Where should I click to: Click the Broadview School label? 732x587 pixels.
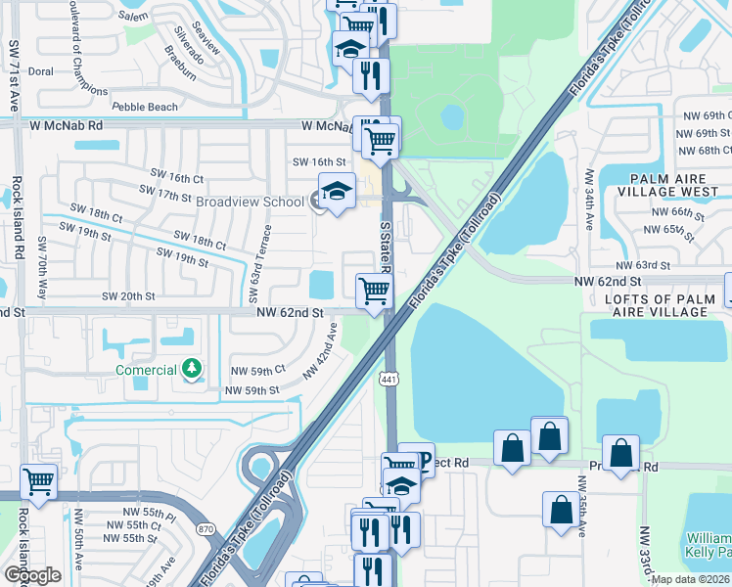click(250, 202)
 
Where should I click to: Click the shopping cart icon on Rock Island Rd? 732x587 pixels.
click(38, 481)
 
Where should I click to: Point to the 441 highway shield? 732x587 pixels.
click(390, 378)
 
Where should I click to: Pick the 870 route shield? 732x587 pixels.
click(205, 528)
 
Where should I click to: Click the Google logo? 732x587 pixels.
click(32, 575)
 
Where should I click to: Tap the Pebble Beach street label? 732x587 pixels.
click(145, 107)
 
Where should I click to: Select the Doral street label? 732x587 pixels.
click(41, 71)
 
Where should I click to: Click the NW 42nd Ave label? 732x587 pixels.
click(323, 353)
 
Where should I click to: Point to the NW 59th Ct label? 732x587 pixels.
click(256, 370)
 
